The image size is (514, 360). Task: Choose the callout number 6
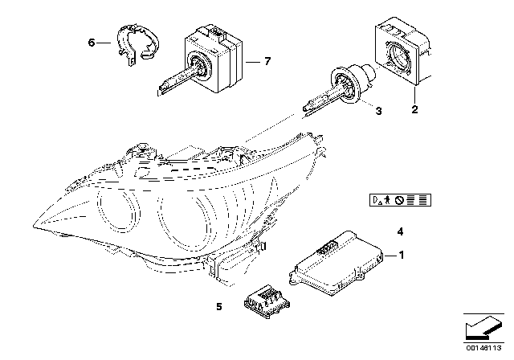[x=91, y=43]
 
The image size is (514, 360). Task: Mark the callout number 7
[x=267, y=61]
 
